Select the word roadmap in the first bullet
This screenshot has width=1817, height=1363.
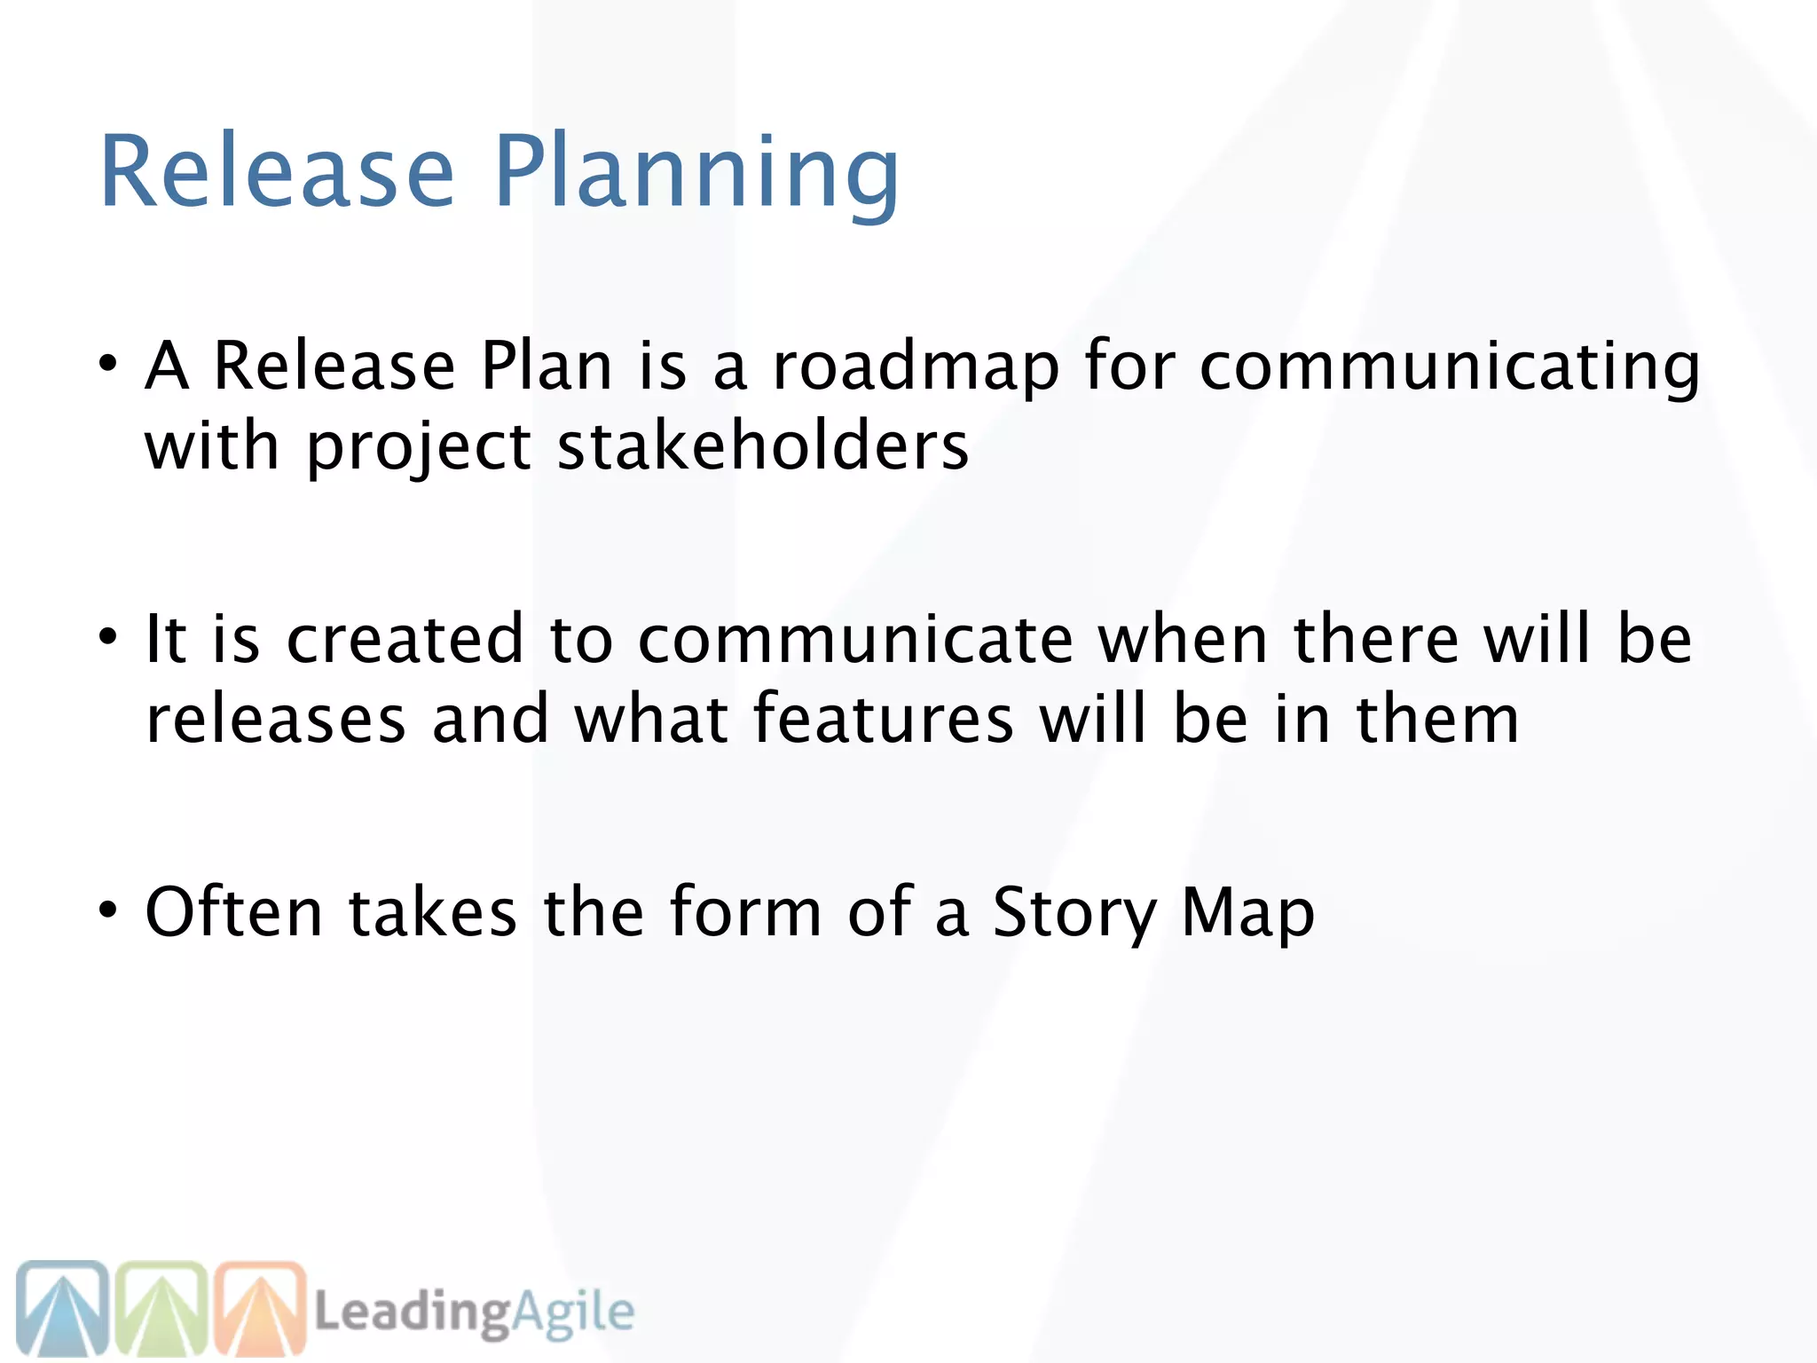pos(916,366)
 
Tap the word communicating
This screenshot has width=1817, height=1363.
pos(1450,366)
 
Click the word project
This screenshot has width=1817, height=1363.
pos(418,448)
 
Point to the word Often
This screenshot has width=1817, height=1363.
pos(234,912)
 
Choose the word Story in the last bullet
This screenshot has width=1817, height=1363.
pos(1074,914)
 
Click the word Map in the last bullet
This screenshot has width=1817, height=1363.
pos(1247,914)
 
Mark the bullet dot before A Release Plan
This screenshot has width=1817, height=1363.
pos(107,364)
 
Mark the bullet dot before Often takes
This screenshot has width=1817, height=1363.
pos(107,910)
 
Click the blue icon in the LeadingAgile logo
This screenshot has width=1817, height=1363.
pos(62,1308)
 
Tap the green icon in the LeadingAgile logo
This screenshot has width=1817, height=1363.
pos(162,1308)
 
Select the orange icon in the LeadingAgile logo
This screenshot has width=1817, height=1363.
pos(260,1308)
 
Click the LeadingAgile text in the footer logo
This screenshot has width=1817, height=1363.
pos(475,1312)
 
